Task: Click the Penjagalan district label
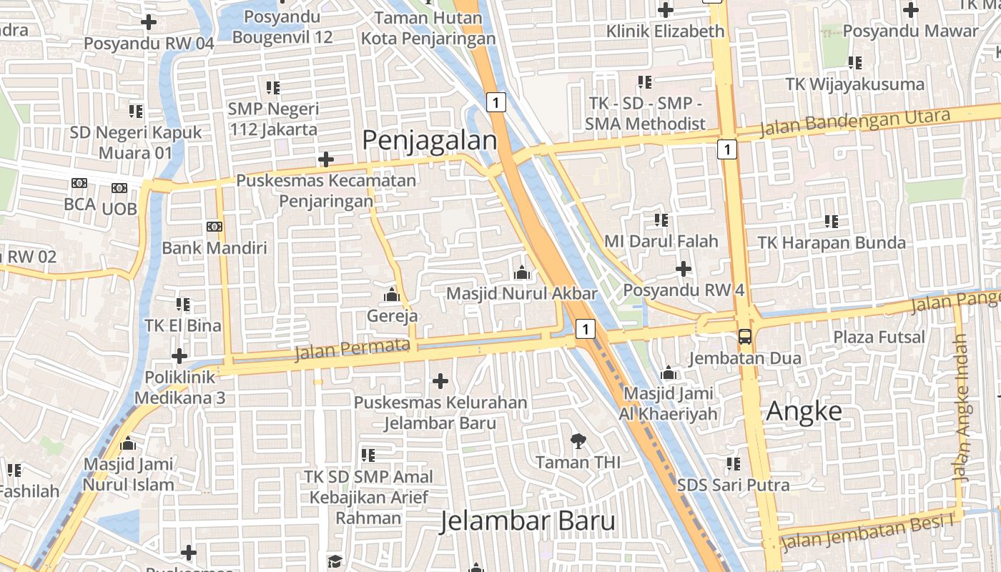coord(429,140)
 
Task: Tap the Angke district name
coord(804,412)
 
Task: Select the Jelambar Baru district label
coord(527,521)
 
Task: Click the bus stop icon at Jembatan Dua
coord(744,336)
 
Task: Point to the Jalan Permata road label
coord(352,350)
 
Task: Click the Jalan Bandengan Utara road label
coord(855,122)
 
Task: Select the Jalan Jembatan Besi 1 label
coord(868,533)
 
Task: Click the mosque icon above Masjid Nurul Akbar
coord(521,272)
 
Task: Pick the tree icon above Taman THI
coord(578,441)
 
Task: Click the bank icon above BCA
coord(79,184)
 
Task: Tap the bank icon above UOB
coord(119,188)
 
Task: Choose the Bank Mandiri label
coord(214,248)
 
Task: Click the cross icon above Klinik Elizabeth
coord(666,10)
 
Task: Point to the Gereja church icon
coord(392,295)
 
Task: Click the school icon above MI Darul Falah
coord(661,220)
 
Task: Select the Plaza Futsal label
coord(879,337)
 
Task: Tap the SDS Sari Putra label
coord(733,485)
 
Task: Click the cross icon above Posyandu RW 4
coord(684,269)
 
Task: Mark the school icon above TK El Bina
coord(183,305)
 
